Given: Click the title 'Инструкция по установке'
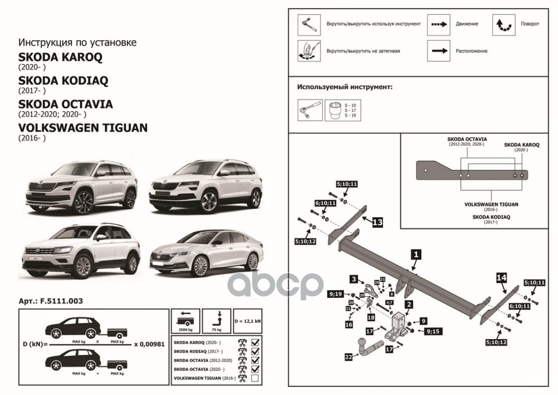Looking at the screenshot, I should tap(77, 42).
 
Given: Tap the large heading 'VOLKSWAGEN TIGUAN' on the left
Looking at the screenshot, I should tap(82, 128).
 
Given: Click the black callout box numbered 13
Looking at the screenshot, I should tap(377, 223).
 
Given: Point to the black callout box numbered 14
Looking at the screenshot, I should tap(501, 278).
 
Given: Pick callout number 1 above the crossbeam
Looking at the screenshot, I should tap(416, 255).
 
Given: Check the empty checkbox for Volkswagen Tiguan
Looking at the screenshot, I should tap(255, 379).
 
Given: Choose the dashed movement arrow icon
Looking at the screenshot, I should tap(438, 24).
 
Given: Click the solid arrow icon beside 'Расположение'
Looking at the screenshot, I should tap(438, 51).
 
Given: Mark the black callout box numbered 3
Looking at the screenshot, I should tap(354, 279).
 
